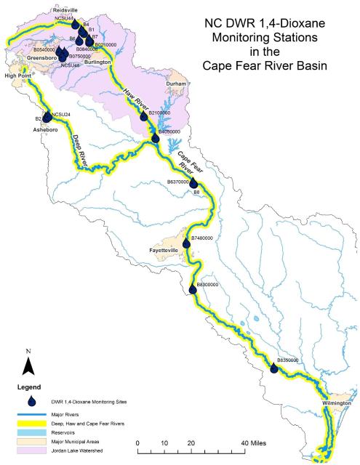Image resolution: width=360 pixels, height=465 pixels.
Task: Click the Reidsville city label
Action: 65,10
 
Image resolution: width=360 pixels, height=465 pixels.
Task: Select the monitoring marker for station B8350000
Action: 274,368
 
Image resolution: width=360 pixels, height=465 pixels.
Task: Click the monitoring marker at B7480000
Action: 186,243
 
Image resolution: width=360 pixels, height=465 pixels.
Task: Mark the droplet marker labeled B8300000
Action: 192,291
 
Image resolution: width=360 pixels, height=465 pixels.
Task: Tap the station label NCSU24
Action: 61,115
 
